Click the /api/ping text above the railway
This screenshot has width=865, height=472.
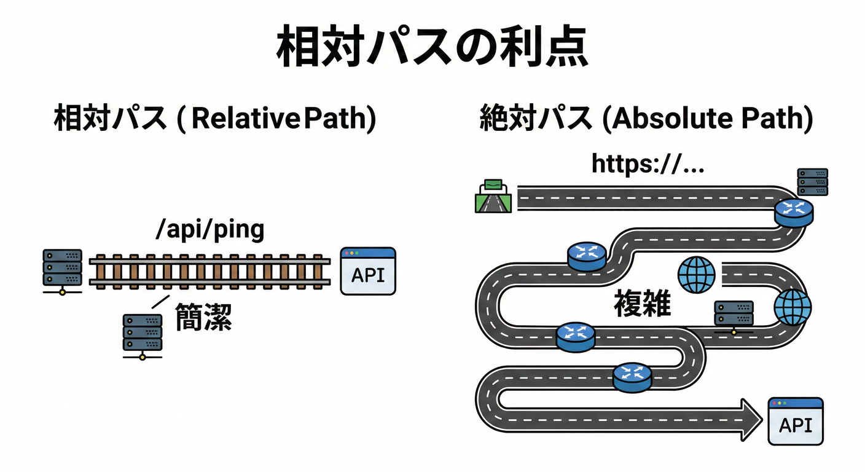click(x=210, y=229)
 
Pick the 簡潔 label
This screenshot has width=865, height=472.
click(x=203, y=316)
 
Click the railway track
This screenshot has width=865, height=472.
click(x=210, y=271)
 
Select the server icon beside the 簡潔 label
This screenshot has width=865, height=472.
click(x=143, y=336)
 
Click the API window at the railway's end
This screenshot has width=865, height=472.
click(x=368, y=271)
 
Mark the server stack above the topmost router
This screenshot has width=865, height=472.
click(x=812, y=182)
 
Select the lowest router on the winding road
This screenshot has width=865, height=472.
click(x=632, y=376)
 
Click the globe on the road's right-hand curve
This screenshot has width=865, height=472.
click(x=792, y=307)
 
